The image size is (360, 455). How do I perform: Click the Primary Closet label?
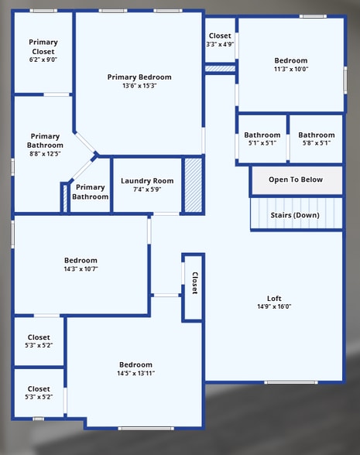point(43,46)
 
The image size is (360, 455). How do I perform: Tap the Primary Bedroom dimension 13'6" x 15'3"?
point(139,86)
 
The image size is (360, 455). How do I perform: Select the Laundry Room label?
point(147,181)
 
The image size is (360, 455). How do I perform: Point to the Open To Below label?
point(295,180)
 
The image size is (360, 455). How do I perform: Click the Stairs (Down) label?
point(295,214)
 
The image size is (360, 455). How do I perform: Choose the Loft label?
point(274,298)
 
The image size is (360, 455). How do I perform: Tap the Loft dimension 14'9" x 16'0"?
point(274,306)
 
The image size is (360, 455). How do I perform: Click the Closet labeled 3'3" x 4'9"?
point(220,44)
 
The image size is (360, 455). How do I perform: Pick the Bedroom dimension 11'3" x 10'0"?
point(291,69)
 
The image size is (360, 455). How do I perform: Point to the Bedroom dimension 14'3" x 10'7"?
point(81,269)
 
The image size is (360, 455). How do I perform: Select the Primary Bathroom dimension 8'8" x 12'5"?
point(43,153)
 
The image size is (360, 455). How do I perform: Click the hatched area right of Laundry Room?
point(193,185)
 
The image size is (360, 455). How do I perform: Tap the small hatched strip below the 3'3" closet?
point(220,69)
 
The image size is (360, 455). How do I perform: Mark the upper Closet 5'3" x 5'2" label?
point(39,341)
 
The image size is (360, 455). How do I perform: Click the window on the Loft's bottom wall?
point(291,382)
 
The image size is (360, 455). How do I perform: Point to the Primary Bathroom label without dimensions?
point(91,192)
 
